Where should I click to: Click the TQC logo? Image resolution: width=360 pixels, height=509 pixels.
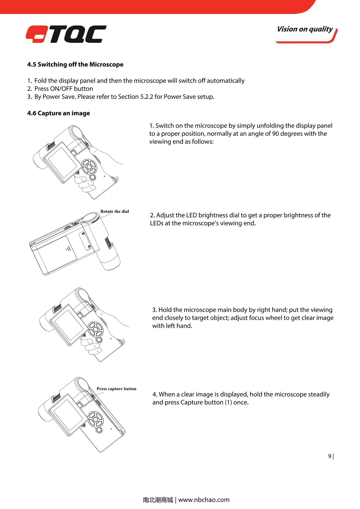point(66,34)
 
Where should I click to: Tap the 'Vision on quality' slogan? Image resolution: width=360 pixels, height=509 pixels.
point(305,29)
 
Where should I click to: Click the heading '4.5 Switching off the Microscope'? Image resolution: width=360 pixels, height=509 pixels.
point(75,64)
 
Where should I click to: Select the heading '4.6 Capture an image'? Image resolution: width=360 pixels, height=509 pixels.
point(58,113)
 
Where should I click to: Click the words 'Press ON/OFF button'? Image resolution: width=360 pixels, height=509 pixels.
point(64,89)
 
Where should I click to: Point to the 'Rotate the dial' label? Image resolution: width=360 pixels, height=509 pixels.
point(115,211)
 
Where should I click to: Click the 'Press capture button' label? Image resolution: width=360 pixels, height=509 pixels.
point(116,389)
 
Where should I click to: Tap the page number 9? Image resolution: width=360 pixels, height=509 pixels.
point(330,456)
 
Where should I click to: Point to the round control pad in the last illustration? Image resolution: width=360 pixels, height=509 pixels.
point(96,418)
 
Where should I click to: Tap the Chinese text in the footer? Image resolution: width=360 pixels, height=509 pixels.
point(158,500)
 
